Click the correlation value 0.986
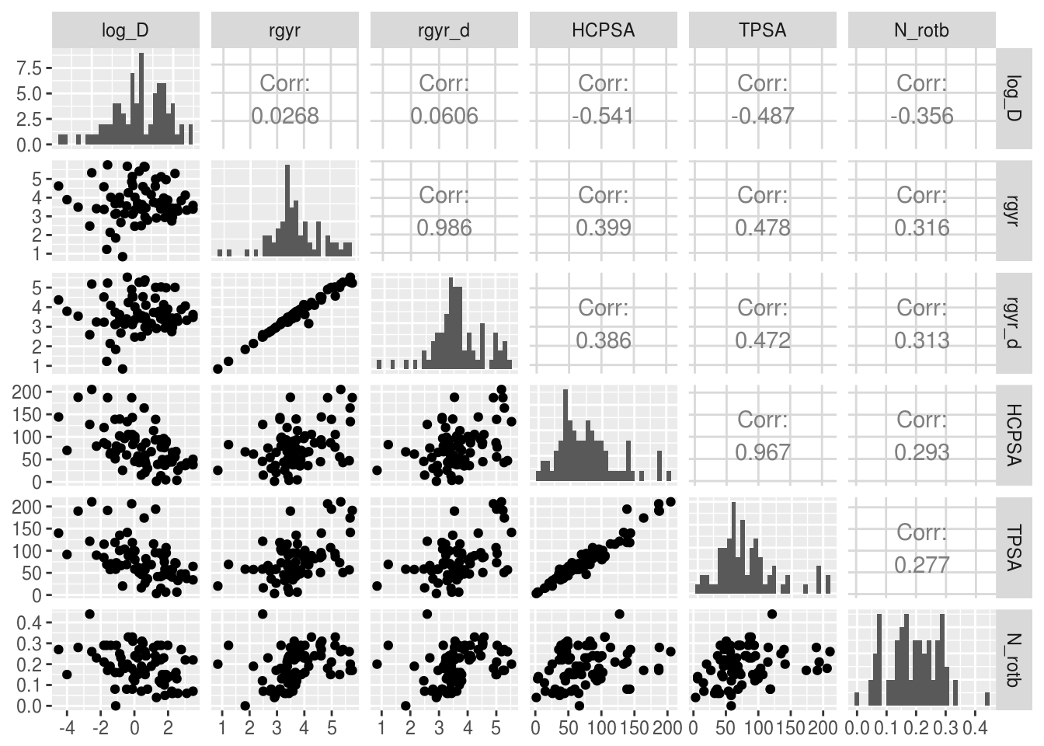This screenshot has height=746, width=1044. point(444,228)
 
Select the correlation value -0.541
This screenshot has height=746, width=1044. point(604,117)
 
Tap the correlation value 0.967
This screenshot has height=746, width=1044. point(763,452)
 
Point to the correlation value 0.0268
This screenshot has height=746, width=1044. point(285,117)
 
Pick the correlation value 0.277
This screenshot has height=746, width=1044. point(922,564)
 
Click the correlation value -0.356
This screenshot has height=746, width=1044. point(922,117)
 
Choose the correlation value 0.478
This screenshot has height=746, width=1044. point(763,228)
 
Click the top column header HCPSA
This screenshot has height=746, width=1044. point(604,30)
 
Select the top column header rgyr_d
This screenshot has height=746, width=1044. point(444,30)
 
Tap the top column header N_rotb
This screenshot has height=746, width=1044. point(922,30)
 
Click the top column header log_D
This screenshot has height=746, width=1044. point(125,30)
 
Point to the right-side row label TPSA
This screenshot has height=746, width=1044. point(1014,548)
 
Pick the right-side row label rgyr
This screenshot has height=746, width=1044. point(1014,211)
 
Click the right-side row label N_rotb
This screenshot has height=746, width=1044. point(1014,660)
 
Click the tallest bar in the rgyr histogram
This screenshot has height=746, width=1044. point(287,210)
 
